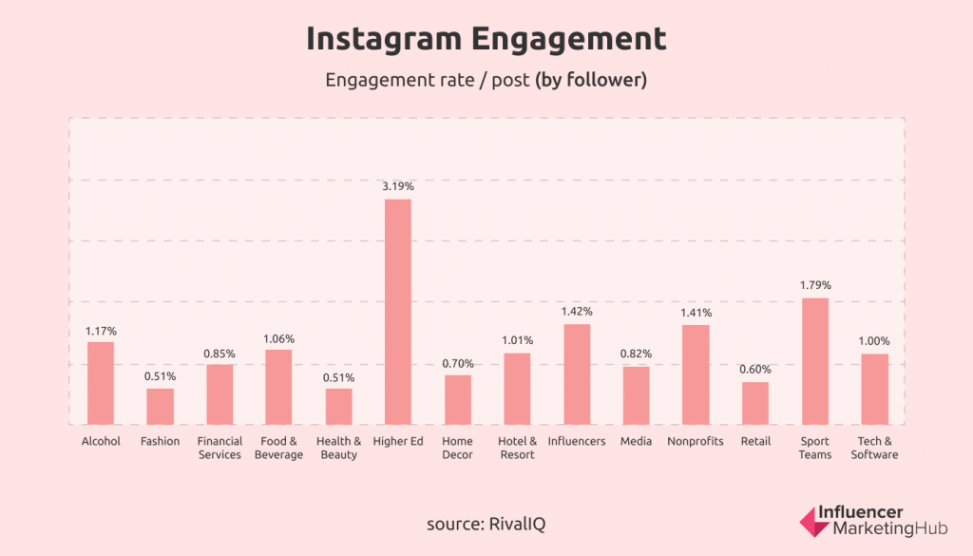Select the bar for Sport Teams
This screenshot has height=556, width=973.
pos(815,361)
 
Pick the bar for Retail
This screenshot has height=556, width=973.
pos(755,403)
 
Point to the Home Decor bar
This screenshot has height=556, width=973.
pos(458,399)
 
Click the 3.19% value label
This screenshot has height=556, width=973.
pos(398,187)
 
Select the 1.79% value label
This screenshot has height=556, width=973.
pos(815,285)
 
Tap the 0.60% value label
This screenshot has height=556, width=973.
pos(755,370)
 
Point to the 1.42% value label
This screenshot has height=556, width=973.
pos(577,312)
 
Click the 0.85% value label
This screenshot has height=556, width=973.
pos(219,354)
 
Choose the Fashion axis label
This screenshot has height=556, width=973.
pos(160,441)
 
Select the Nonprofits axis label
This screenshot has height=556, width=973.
pos(696,441)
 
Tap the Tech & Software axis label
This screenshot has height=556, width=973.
pos(874,448)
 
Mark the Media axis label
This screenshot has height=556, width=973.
pos(636,441)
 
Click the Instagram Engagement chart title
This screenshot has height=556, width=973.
pos(486,40)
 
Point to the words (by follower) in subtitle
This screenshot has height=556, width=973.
pos(591,81)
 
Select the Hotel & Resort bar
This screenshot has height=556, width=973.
pos(517,389)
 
